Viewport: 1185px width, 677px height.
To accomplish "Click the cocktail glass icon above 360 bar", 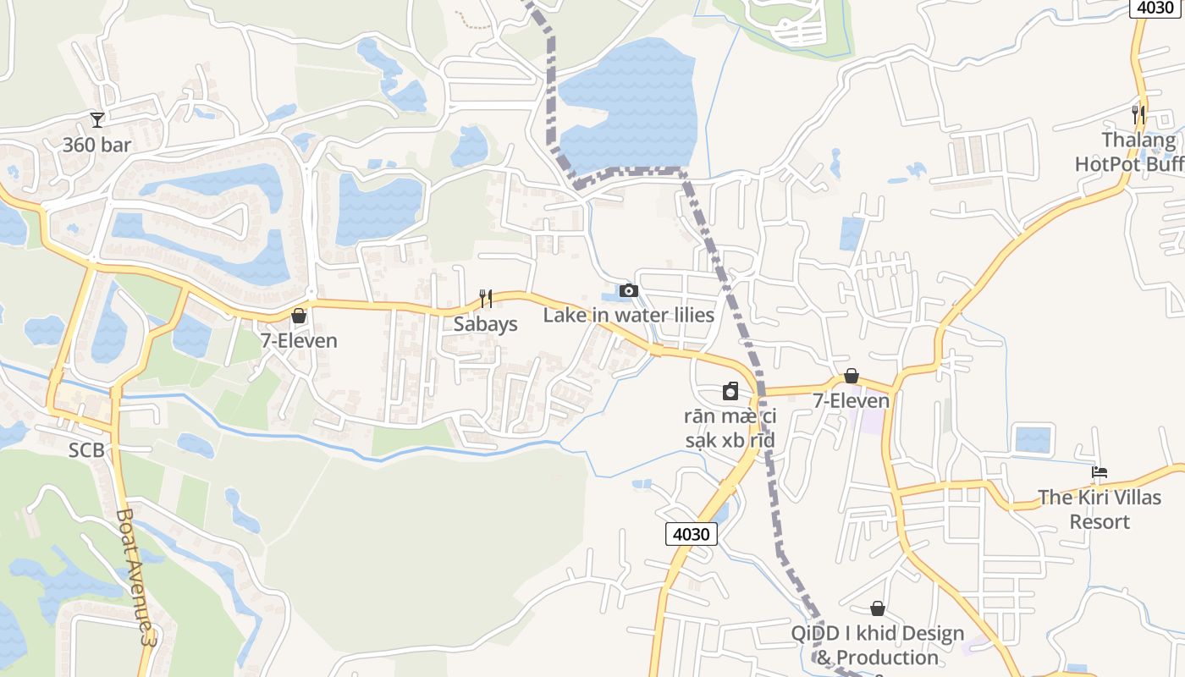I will (x=97, y=120).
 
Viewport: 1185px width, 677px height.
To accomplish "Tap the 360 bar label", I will (x=97, y=145).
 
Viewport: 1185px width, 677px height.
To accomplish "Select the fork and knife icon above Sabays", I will (x=486, y=298).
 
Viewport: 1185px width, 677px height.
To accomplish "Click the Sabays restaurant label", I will (x=485, y=323).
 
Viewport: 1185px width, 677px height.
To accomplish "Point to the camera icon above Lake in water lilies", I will (x=628, y=290).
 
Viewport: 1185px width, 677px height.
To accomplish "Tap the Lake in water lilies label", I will (x=628, y=315).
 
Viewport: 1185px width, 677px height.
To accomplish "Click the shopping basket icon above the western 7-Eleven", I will (x=298, y=316).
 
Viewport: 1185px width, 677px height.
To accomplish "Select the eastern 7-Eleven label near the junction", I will (x=852, y=400).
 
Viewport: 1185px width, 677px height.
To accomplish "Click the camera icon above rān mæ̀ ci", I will (x=730, y=391).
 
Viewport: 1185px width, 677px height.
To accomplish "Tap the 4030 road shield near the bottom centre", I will (x=692, y=534).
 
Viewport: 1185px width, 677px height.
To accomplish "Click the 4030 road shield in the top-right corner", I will (x=1156, y=8).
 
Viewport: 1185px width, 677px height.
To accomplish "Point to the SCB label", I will (x=86, y=450).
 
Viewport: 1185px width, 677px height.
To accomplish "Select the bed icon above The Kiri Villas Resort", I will (x=1100, y=472).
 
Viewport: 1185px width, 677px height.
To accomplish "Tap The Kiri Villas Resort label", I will (x=1100, y=509).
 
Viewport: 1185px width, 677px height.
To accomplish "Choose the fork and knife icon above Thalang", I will (x=1138, y=113).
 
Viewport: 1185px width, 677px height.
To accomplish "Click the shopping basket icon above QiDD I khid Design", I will (x=878, y=608).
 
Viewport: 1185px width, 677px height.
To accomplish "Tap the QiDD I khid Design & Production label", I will (x=877, y=645).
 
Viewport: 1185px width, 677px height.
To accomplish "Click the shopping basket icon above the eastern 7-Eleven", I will (x=852, y=376).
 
